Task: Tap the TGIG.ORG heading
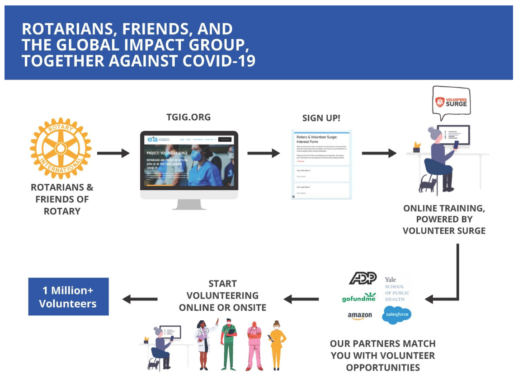point(188,117)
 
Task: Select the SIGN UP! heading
point(321,118)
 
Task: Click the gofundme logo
point(359,298)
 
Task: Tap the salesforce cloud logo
point(396,315)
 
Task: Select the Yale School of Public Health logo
point(397,289)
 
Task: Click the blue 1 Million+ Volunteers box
point(68,296)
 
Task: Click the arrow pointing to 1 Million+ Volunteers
point(140,299)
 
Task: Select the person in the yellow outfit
point(277,344)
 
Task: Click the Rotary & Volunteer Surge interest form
point(321,164)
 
